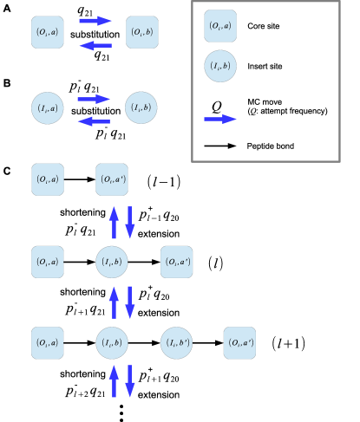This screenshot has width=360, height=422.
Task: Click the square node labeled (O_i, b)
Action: (142, 32)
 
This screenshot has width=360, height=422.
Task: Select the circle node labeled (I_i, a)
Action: (48, 108)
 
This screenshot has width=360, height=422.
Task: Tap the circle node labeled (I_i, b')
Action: (176, 343)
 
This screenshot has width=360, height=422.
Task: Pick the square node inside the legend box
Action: (220, 26)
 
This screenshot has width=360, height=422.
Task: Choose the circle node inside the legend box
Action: (220, 66)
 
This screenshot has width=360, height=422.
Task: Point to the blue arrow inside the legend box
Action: (220, 119)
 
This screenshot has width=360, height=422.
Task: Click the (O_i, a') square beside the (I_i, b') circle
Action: (239, 343)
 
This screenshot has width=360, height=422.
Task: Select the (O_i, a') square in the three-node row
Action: (177, 262)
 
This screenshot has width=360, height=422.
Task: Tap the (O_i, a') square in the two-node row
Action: (112, 179)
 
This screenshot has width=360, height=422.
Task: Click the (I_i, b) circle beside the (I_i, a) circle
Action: (141, 108)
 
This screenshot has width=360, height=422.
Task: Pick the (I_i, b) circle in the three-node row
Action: (112, 262)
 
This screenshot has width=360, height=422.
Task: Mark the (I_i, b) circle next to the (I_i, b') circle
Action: (112, 343)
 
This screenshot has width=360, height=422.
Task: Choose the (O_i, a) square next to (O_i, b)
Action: (48, 32)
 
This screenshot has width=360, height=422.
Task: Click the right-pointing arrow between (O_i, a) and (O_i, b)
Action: (95, 21)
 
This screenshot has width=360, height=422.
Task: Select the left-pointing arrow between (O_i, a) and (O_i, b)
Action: (95, 45)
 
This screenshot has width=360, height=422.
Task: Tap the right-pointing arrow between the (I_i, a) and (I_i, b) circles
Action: (95, 99)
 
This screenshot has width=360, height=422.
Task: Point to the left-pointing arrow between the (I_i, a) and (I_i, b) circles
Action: (95, 121)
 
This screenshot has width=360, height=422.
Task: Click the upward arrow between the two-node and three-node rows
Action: (114, 223)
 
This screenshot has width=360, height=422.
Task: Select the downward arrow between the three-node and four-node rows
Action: (130, 302)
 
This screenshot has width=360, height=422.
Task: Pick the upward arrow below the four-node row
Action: (114, 381)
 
